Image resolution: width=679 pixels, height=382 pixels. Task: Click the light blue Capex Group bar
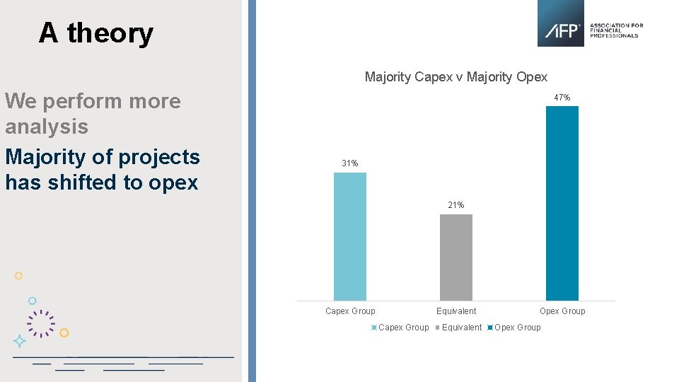click(x=350, y=236)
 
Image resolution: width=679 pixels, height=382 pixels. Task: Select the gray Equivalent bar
click(x=456, y=257)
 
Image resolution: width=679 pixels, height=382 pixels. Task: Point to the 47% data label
click(x=562, y=98)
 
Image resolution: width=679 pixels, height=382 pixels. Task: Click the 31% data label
click(x=350, y=163)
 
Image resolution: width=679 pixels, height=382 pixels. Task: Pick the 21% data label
click(x=456, y=205)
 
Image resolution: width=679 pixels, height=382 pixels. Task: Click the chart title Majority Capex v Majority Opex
click(x=456, y=77)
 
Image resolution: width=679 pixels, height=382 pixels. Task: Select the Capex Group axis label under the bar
click(x=350, y=311)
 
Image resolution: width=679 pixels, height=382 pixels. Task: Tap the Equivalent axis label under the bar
click(x=456, y=311)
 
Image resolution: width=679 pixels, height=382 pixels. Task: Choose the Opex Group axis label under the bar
click(x=562, y=311)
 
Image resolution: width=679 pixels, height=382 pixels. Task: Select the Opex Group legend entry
click(x=517, y=328)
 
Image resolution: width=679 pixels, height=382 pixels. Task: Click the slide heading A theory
click(x=95, y=33)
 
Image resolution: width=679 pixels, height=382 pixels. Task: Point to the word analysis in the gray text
click(x=47, y=127)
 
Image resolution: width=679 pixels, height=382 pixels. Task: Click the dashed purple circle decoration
click(x=41, y=323)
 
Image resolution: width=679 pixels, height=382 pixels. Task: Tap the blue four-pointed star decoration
click(x=20, y=341)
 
